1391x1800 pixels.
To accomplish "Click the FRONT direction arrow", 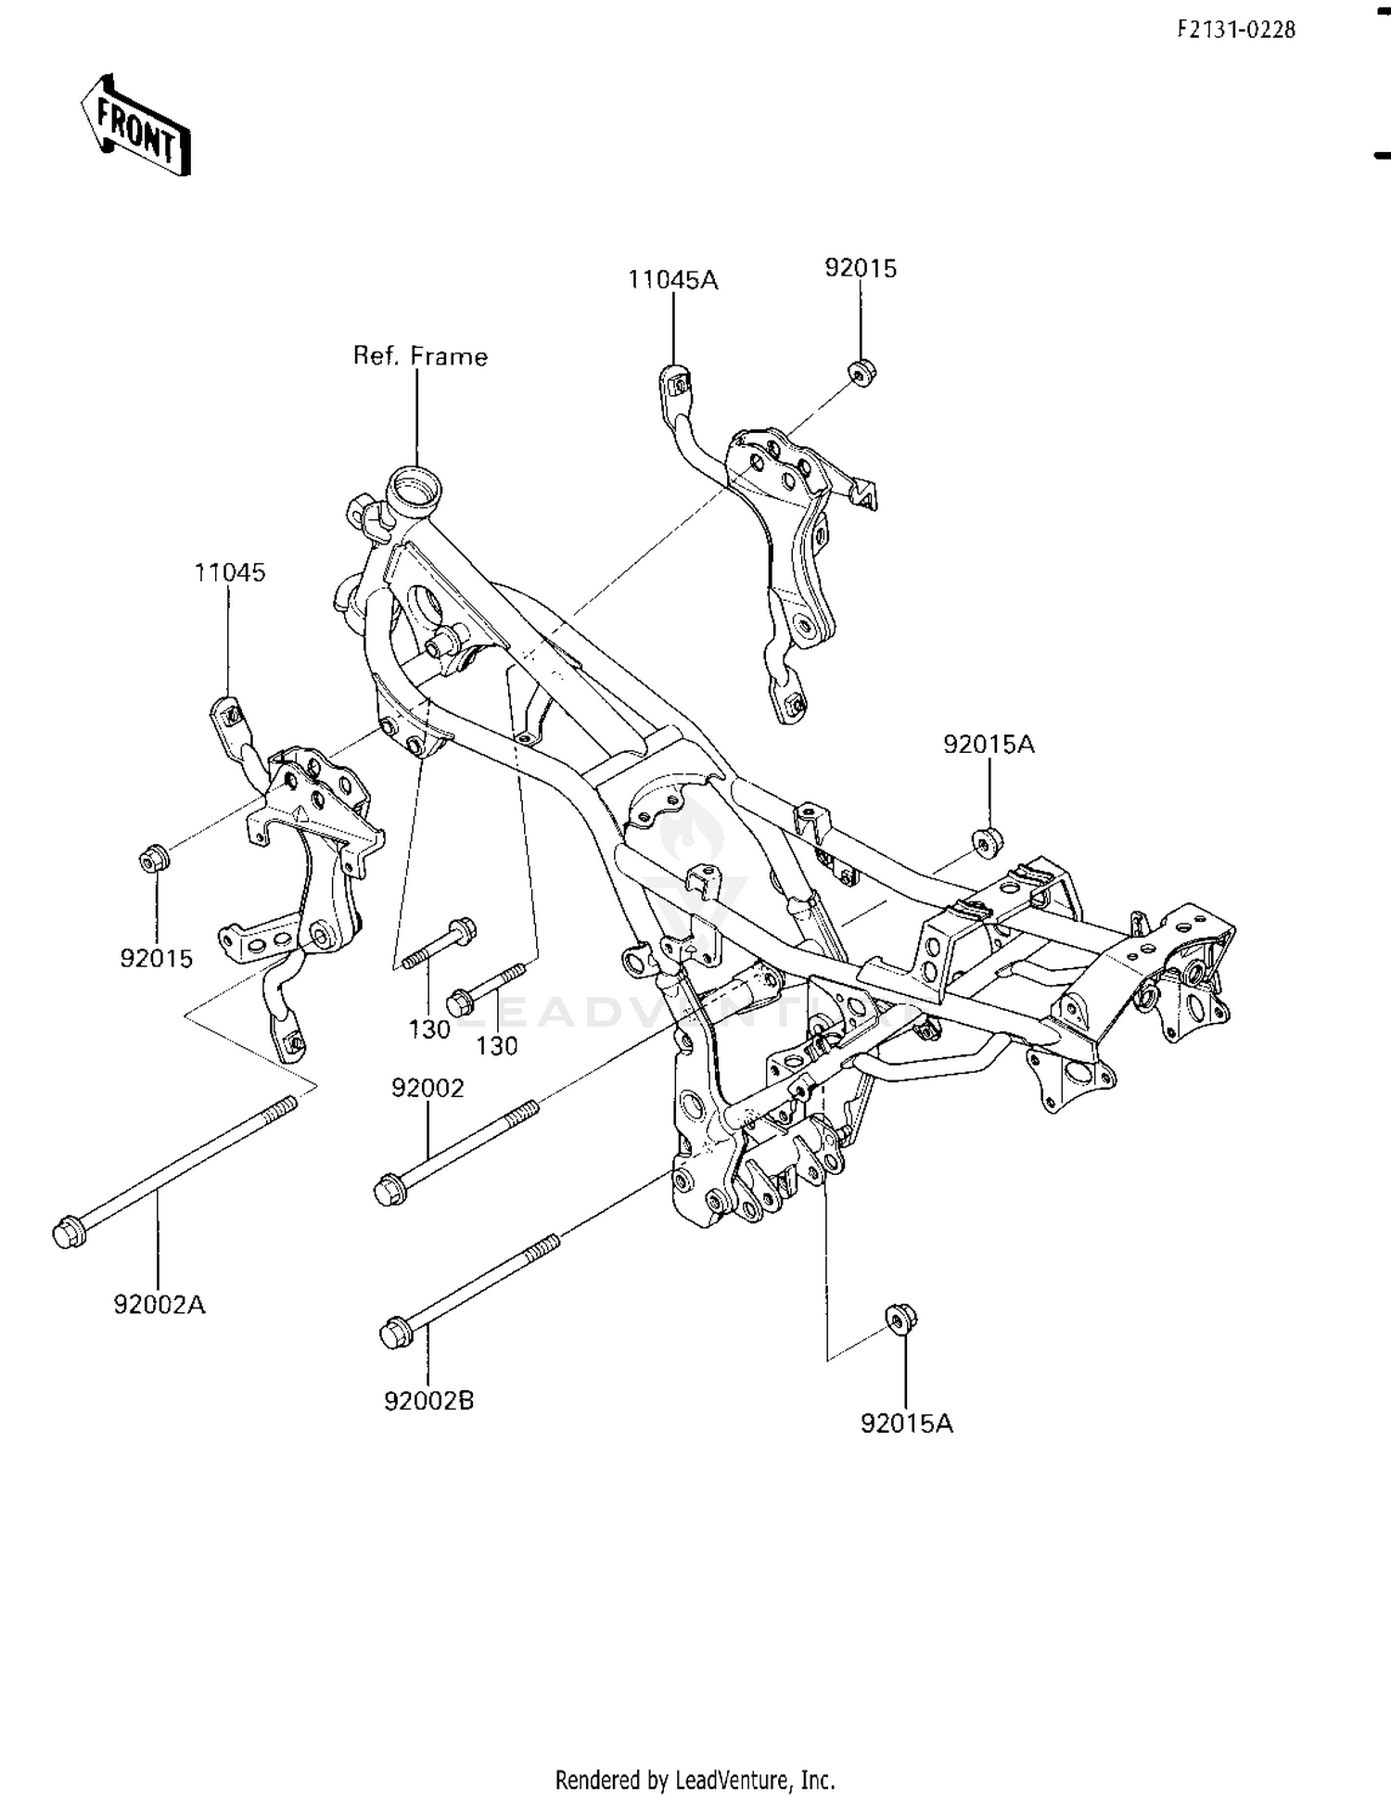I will (136, 125).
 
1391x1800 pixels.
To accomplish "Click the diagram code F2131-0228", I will (1236, 30).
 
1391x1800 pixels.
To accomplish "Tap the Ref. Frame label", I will (420, 356).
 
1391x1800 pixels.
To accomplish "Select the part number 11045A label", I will (673, 279).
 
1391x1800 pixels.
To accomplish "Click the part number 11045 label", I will (230, 572).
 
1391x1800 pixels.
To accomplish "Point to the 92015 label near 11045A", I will (861, 268).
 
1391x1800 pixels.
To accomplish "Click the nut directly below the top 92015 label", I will (862, 372).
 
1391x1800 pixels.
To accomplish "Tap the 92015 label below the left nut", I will (156, 958).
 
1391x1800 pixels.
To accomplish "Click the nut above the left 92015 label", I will (153, 859).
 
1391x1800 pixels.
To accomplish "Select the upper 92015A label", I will (989, 744).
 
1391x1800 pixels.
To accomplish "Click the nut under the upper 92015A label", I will (988, 841).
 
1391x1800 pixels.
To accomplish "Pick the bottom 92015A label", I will (906, 1423).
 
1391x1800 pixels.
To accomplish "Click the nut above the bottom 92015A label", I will (900, 1318).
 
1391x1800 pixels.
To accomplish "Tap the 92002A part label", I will (160, 1304).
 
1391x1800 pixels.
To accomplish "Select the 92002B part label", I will (428, 1399).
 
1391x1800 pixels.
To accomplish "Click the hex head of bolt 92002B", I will (396, 1334).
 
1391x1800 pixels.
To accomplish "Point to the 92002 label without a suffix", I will (428, 1087).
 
